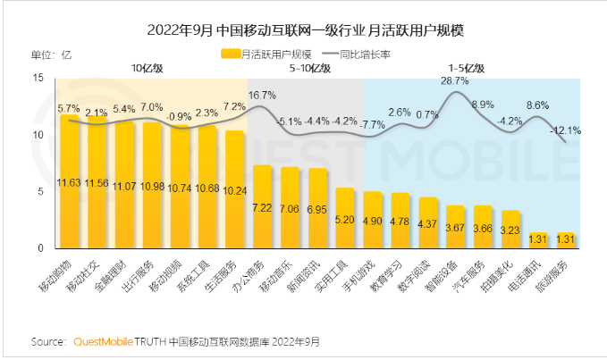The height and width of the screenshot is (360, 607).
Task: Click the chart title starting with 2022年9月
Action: click(303, 30)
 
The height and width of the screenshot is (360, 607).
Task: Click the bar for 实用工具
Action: click(344, 218)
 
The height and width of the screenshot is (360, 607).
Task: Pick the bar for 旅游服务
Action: click(564, 239)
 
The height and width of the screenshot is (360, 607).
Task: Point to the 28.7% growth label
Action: click(455, 80)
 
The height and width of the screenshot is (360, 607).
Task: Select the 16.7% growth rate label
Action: click(261, 95)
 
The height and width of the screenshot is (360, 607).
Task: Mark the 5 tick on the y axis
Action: click(39, 191)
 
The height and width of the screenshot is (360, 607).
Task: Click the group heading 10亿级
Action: click(147, 68)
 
